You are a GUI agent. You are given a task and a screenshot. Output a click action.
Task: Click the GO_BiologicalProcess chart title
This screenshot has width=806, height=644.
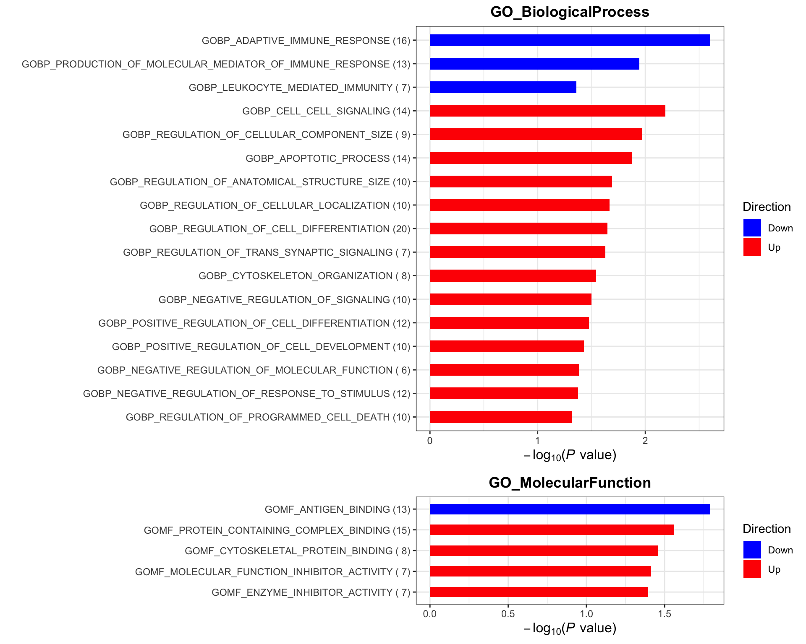pos(570,12)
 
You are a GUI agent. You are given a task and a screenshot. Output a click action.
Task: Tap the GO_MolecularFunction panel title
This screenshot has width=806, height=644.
pos(570,483)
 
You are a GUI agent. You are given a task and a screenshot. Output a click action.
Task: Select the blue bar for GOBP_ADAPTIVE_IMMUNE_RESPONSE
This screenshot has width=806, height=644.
pos(570,40)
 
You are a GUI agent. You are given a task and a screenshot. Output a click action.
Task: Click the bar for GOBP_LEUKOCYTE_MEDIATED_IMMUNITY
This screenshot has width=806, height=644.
pos(503,87)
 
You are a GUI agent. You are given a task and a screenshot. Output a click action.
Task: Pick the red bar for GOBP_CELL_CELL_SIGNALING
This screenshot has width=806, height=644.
pos(547,111)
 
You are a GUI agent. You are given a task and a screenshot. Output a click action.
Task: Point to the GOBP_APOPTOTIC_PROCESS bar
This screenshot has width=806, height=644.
pos(531,158)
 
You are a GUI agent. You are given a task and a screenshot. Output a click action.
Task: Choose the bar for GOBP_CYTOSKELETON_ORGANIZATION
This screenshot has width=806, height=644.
pos(513,275)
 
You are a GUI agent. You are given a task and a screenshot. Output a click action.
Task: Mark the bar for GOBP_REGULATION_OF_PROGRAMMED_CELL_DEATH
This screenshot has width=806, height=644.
pos(500,417)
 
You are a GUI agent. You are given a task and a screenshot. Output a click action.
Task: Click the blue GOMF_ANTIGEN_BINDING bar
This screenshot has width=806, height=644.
pos(570,509)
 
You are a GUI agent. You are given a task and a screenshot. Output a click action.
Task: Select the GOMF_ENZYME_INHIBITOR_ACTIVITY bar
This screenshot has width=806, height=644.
pos(539,592)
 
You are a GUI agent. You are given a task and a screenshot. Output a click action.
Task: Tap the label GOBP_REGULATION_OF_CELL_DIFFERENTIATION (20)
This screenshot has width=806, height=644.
pos(280,229)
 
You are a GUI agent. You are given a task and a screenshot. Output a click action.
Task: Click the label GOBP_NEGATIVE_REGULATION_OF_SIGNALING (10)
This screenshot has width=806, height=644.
pos(285,300)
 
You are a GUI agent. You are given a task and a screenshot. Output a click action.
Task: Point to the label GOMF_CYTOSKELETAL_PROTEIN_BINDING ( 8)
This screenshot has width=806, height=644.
pos(298,551)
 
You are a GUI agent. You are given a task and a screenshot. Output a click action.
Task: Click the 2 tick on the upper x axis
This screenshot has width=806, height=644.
pos(645,440)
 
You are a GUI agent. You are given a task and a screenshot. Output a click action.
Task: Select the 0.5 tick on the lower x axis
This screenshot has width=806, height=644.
pos(508,614)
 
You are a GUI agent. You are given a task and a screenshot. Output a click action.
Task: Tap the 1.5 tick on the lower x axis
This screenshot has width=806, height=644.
pos(665,614)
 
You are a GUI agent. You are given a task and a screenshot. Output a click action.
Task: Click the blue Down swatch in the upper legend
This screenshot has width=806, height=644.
pos(752,228)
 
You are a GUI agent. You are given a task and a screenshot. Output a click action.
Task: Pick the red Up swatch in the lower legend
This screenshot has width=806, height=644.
pos(752,569)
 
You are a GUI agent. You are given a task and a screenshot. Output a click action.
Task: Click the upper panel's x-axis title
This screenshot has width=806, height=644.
pos(570,455)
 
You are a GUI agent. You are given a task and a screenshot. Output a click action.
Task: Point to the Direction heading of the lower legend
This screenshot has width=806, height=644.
pos(767,529)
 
